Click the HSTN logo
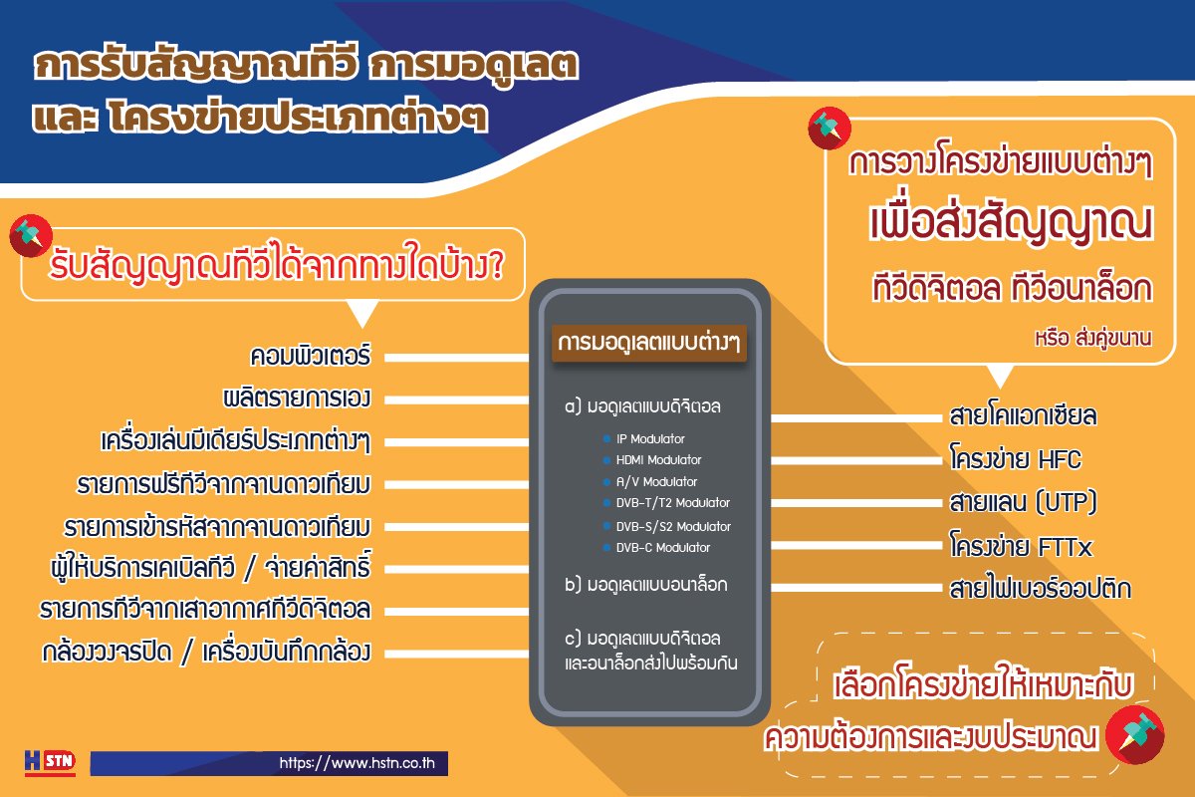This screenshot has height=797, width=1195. click(50, 762)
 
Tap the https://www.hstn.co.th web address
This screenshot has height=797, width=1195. click(357, 763)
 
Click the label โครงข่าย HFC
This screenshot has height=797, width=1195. click(1016, 458)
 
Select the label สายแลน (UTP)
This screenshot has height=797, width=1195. click(1024, 502)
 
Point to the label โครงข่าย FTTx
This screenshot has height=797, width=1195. click(1021, 546)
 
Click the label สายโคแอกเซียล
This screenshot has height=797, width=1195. click(1024, 415)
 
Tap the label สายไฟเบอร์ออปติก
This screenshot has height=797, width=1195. click(1041, 588)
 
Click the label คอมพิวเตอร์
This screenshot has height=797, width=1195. click(311, 356)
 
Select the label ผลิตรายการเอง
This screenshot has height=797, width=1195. click(297, 398)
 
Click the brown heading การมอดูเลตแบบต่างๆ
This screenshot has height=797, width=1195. click(648, 343)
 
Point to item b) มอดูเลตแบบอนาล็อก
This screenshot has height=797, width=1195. click(646, 585)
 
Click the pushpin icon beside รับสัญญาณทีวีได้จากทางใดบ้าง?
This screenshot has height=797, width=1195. click(31, 235)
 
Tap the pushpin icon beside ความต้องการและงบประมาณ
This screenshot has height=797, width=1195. click(1134, 734)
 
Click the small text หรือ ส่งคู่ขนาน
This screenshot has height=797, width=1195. click(1093, 338)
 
